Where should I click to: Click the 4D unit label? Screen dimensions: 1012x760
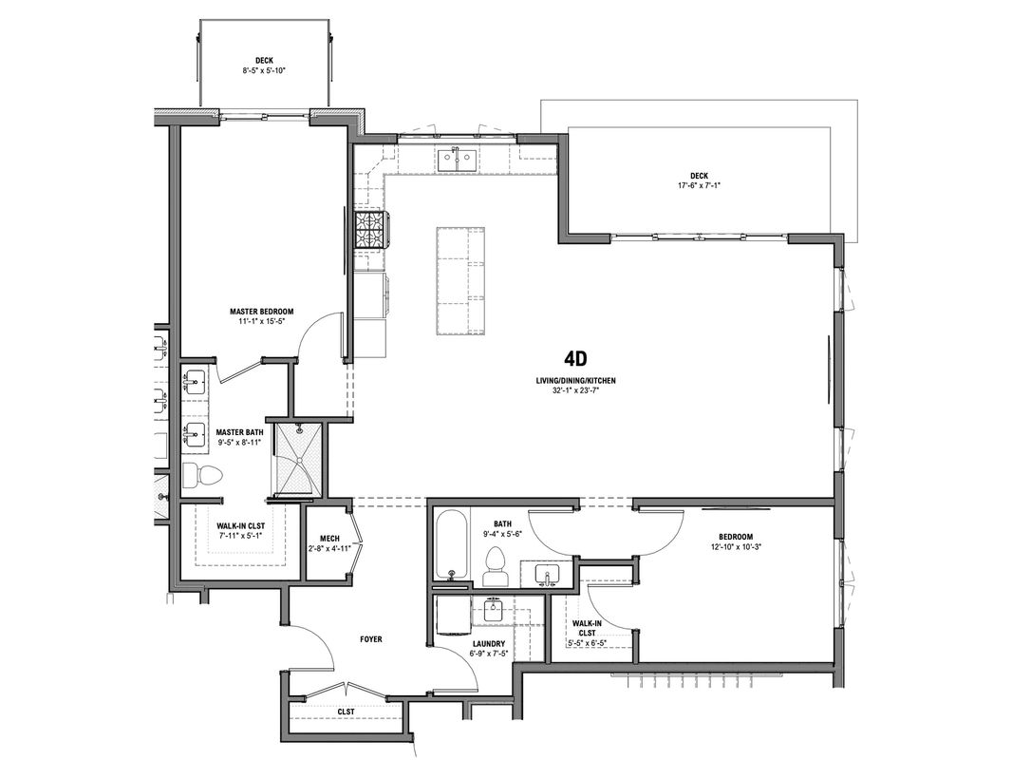coord(575,358)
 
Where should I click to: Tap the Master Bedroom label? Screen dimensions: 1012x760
coord(261,312)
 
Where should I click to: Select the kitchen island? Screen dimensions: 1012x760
coord(460,281)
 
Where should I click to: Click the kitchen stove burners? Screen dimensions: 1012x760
coord(371,229)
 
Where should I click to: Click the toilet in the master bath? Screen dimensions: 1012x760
coord(202,475)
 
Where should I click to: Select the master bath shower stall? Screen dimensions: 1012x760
coord(297,459)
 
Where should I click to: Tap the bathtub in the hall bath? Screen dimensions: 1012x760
coord(451,543)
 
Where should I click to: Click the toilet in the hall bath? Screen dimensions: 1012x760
coord(495,566)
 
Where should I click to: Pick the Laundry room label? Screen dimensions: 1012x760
coord(489,644)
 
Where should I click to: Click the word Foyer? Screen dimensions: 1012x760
coord(370,639)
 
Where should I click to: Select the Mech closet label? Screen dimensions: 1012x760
coord(329,540)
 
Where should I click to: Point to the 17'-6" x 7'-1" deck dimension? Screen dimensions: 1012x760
coord(699,185)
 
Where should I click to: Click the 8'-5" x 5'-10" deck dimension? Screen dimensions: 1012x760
coord(264,70)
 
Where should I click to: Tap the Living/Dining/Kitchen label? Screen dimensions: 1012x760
coord(575,381)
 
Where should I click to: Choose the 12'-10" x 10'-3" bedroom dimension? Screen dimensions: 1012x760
coord(736,546)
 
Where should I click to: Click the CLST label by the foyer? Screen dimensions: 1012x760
coord(346,712)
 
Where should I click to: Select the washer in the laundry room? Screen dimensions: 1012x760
coord(452,616)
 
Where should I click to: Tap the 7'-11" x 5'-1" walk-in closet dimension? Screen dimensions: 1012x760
coord(241,535)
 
